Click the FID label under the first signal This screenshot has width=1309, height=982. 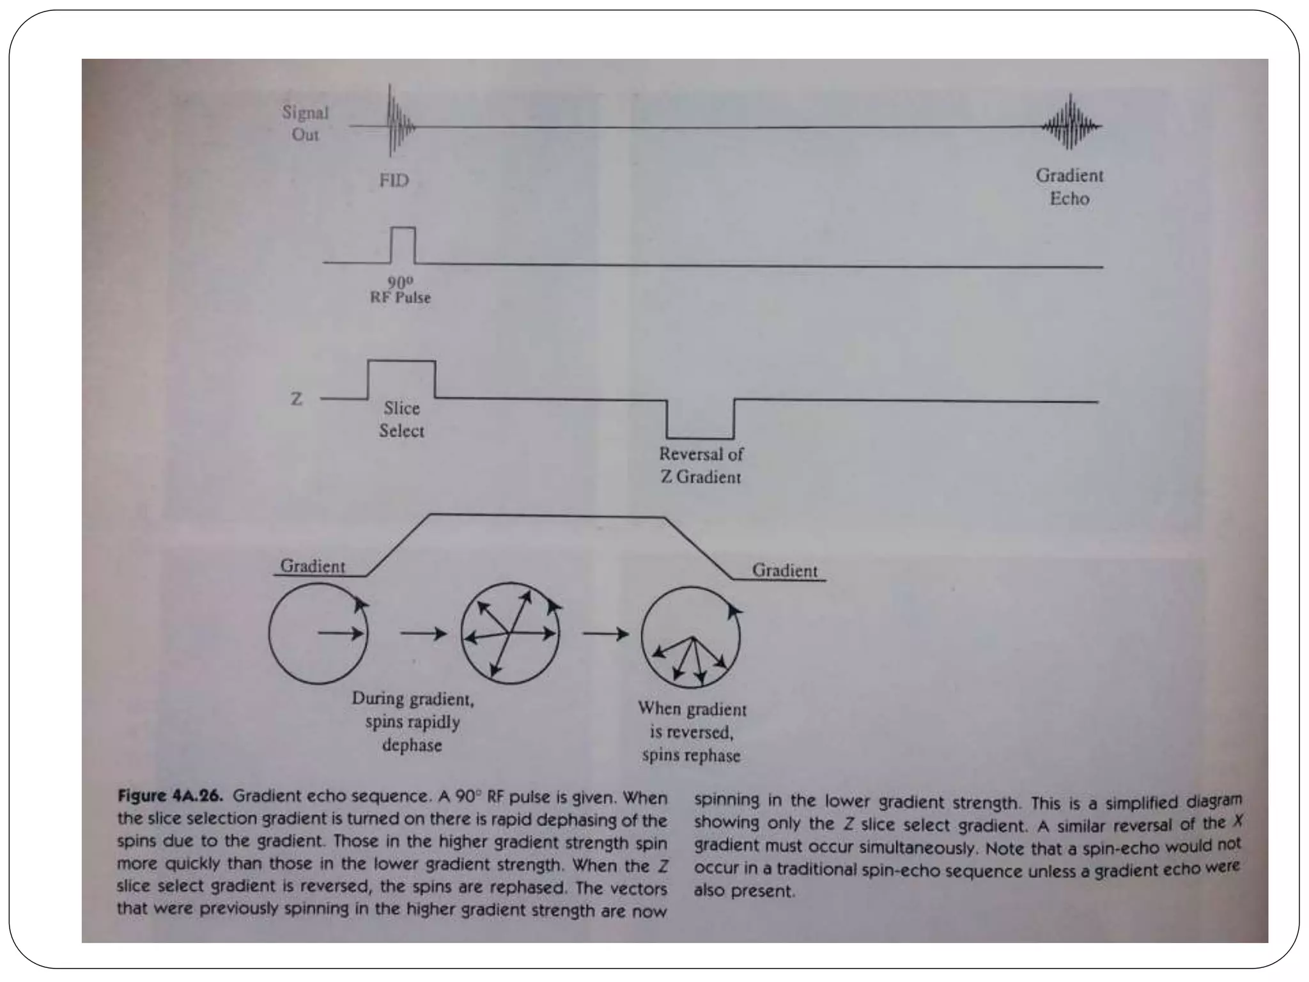(394, 180)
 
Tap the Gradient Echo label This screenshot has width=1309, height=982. (1069, 187)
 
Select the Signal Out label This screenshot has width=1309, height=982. (305, 123)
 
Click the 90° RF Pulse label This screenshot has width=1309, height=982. (400, 290)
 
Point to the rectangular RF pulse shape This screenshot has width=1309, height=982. (403, 244)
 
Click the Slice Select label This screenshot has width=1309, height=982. (401, 419)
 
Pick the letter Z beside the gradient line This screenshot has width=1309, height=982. (297, 399)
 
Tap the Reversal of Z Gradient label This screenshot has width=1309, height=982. (701, 465)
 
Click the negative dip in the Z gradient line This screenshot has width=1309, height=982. (700, 419)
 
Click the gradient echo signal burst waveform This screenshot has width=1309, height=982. (1071, 123)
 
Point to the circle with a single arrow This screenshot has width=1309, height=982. (318, 633)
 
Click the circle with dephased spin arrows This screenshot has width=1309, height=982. (510, 633)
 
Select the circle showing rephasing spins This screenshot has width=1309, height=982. (690, 637)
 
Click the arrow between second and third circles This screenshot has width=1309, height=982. (605, 634)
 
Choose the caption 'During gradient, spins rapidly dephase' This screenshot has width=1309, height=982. (413, 722)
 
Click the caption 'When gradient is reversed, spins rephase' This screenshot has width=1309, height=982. (692, 732)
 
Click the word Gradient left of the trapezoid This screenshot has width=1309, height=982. (313, 566)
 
